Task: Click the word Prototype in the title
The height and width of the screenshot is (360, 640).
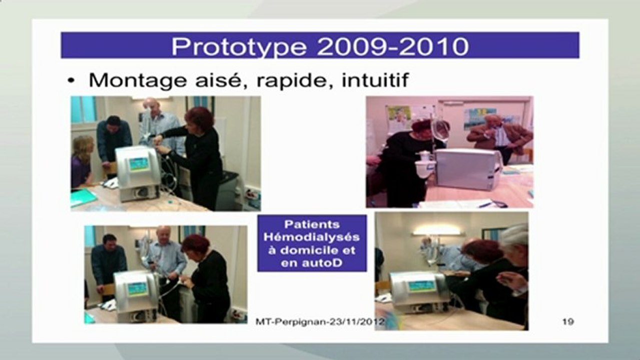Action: [x=239, y=47]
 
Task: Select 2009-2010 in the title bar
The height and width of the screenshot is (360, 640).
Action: [x=393, y=46]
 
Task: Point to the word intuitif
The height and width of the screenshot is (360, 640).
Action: [x=375, y=80]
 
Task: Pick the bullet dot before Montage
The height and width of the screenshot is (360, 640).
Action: [x=71, y=81]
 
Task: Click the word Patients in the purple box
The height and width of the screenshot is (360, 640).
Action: [x=312, y=224]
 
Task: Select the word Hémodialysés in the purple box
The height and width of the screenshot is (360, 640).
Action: [x=312, y=237]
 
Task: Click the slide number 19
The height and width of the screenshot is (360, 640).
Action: [x=568, y=321]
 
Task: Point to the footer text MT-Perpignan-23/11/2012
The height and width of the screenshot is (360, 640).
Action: [x=319, y=322]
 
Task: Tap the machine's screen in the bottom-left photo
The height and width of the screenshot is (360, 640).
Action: [x=138, y=289]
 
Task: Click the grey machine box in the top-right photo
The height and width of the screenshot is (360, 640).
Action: [x=468, y=169]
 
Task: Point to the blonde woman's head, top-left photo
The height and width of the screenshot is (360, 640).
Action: [x=83, y=147]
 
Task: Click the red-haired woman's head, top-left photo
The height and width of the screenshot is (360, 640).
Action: [x=199, y=119]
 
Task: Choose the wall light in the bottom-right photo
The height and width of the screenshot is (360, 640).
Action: [x=437, y=230]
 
